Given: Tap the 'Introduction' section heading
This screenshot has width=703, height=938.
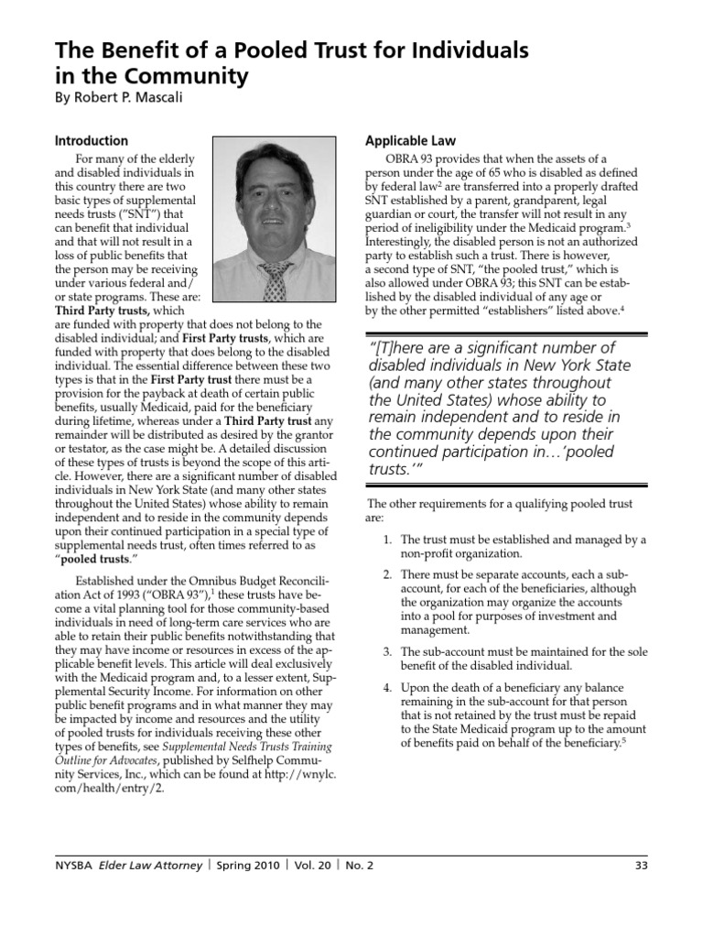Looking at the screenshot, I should pyautogui.click(x=92, y=141).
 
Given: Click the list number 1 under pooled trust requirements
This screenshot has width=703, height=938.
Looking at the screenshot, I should pyautogui.click(x=388, y=540).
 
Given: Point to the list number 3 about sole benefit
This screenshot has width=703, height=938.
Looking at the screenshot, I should pyautogui.click(x=388, y=651).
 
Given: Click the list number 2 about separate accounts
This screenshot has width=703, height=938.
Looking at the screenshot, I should pyautogui.click(x=388, y=573).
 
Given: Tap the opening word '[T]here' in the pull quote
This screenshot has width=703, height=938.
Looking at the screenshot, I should pyautogui.click(x=406, y=347).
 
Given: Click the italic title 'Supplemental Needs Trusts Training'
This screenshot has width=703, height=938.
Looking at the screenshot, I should pyautogui.click(x=244, y=747).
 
